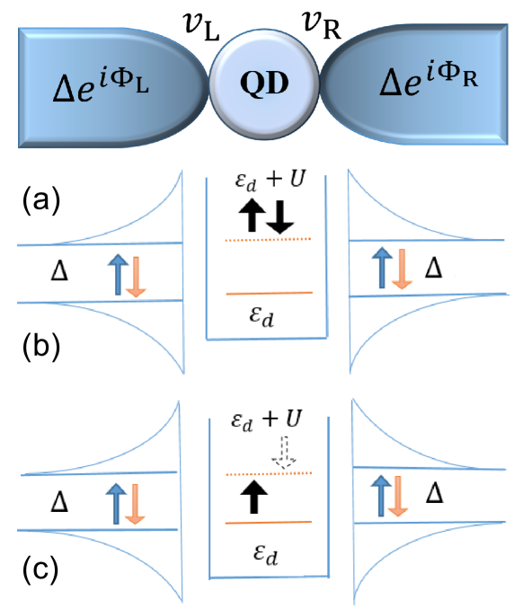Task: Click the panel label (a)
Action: click(x=41, y=200)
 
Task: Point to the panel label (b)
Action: click(x=41, y=346)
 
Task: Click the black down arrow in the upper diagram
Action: click(x=279, y=216)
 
